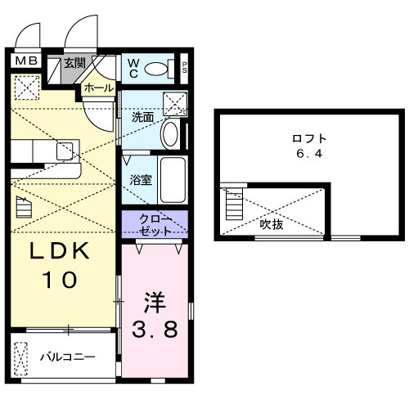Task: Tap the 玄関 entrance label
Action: [75, 64]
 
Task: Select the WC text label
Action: [132, 69]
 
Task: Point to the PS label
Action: [185, 69]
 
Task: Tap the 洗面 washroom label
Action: [142, 116]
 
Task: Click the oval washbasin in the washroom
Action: [171, 133]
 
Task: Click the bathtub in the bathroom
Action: [172, 179]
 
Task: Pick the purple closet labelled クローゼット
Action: [155, 224]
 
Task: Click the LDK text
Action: [60, 251]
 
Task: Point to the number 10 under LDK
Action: [60, 280]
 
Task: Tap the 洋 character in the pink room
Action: [155, 301]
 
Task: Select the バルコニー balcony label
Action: [69, 357]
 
